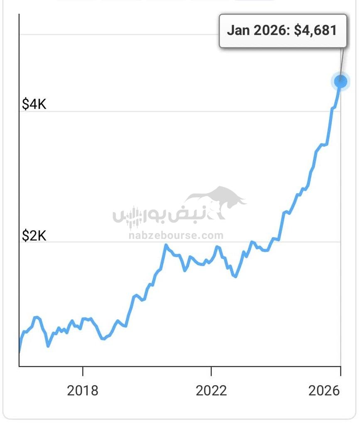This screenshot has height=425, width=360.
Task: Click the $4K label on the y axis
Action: click(34, 104)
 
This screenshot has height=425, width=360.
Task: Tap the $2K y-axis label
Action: click(34, 236)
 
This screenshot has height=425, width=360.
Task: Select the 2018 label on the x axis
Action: click(83, 391)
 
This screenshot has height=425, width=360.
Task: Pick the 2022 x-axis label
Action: click(211, 391)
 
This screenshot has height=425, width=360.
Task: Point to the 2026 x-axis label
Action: click(324, 391)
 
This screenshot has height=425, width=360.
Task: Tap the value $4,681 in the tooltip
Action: click(315, 30)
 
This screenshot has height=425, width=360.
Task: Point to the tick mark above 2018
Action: click(83, 370)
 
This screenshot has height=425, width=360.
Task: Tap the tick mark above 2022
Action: click(211, 370)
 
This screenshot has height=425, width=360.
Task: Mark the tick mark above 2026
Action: click(340, 370)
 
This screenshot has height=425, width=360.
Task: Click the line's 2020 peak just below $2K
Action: click(166, 246)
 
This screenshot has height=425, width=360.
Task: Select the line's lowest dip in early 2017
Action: click(48, 345)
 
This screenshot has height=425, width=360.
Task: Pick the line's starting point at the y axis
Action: click(20, 351)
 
